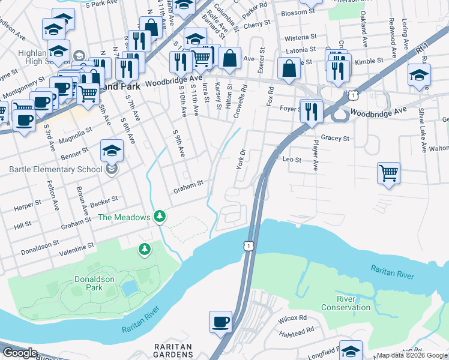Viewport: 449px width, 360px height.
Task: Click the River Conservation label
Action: tap(345, 303)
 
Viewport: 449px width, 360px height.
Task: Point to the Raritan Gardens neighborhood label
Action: tap(173, 351)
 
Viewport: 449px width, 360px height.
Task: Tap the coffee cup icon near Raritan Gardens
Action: tap(220, 322)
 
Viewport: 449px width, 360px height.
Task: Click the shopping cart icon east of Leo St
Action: tap(389, 173)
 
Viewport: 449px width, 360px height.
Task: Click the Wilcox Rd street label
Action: tap(292, 318)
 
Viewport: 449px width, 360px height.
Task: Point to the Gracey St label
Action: tap(335, 138)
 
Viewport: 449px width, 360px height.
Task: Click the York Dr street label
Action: tap(242, 159)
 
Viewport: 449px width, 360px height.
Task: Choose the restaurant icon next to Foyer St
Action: tap(312, 111)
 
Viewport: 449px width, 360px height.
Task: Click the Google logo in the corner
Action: tap(20, 353)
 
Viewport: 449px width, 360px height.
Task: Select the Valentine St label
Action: tap(75, 247)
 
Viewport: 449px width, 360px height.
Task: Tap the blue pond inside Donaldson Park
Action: tap(129, 289)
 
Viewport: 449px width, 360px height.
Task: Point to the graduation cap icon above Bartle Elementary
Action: tap(112, 151)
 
